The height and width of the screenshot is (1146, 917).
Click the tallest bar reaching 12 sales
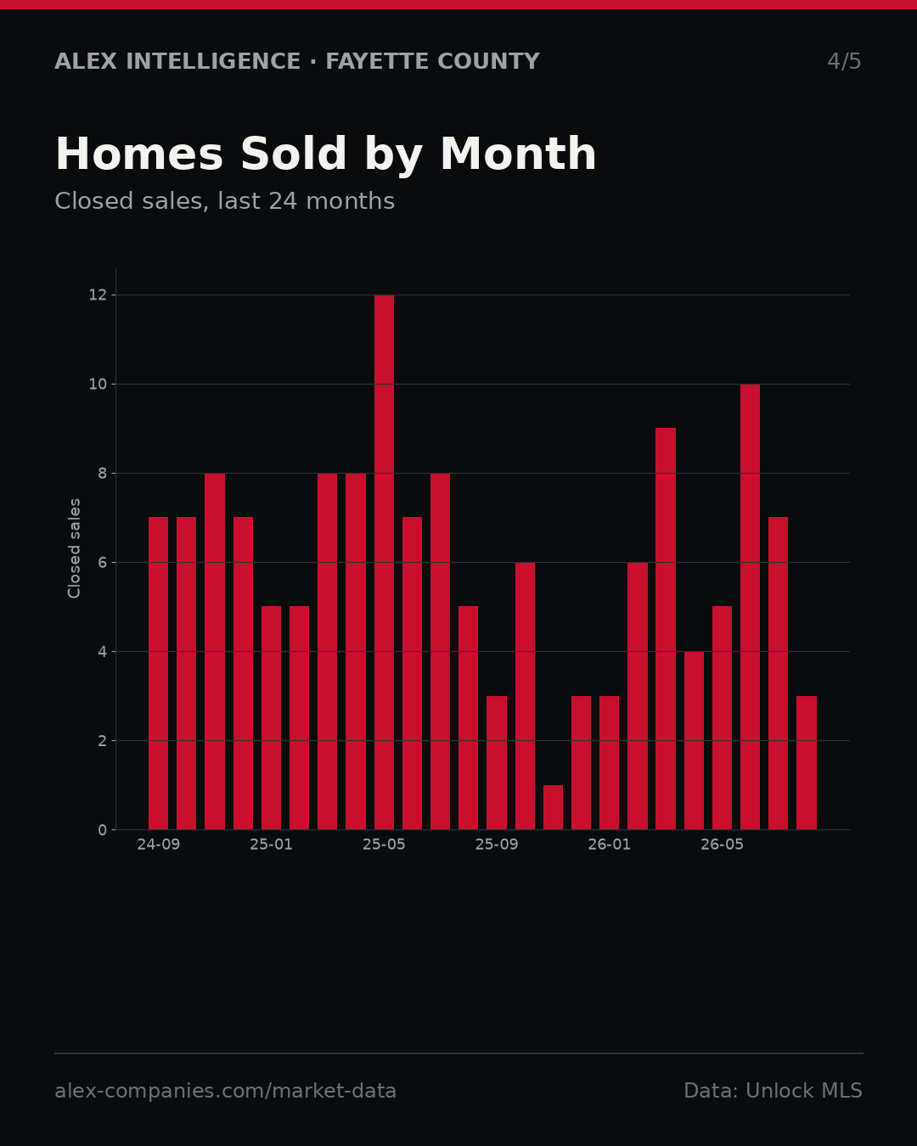point(384,562)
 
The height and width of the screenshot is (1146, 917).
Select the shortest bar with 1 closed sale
point(553,807)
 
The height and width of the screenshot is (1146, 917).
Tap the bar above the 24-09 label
point(158,673)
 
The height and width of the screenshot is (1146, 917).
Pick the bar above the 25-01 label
point(271,718)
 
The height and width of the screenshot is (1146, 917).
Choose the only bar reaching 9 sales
point(666,628)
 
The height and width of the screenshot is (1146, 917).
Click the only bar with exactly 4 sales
point(694,740)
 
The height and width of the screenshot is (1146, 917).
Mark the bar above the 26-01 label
point(609,762)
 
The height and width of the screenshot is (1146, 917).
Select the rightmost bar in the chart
point(806,762)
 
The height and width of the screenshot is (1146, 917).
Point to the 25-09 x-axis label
point(497,845)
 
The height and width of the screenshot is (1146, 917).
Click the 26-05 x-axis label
point(722,845)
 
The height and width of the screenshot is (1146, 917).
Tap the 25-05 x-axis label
point(384,845)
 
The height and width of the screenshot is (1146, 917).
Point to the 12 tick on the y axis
point(98,295)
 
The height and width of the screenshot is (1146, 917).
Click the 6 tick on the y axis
point(103,562)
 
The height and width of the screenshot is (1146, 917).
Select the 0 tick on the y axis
point(103,830)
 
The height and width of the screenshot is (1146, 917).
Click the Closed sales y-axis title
point(74,548)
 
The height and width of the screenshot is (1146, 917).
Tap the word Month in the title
point(518,154)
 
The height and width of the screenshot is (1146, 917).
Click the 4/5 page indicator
point(844,61)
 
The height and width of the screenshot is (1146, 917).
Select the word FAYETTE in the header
point(378,61)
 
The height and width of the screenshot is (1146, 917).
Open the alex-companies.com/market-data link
point(225,1091)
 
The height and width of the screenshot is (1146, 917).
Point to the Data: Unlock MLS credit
point(774,1091)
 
